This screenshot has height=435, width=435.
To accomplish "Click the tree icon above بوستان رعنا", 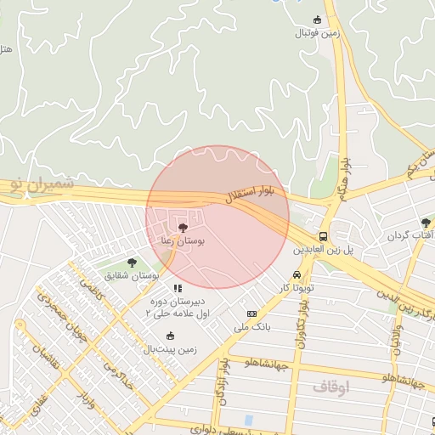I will [183, 227].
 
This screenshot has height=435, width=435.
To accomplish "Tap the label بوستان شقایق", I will [133, 276].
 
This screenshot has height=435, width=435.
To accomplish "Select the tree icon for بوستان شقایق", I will [132, 263].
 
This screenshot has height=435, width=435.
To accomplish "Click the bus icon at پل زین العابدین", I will [323, 236].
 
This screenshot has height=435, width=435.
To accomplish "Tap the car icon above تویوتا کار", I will [296, 275].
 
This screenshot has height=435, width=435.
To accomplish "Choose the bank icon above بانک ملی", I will [251, 314].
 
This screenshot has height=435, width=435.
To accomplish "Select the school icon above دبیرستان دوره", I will [178, 288].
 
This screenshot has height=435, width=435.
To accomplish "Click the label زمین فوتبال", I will [317, 34].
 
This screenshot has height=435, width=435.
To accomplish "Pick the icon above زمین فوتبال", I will [318, 20].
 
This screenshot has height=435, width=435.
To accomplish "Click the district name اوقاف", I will [330, 387].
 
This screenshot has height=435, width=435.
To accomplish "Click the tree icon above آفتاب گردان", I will [426, 223].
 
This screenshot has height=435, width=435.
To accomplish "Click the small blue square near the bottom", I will [248, 421].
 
